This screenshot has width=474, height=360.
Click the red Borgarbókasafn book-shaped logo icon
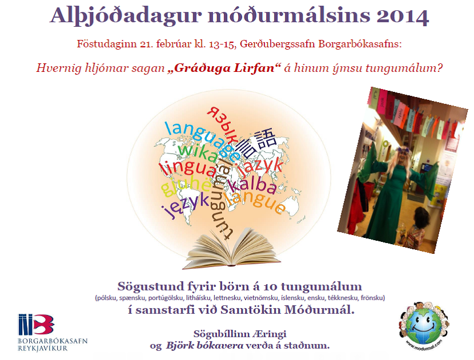35,324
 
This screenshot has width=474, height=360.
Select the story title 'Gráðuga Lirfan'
219,68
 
